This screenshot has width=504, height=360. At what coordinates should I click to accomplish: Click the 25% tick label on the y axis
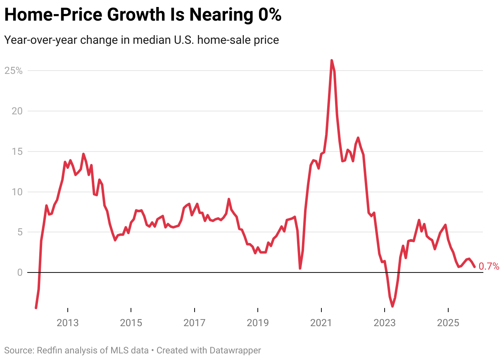point(13,71)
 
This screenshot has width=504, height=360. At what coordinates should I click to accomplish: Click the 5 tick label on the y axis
point(19,232)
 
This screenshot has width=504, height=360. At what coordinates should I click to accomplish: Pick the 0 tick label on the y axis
point(19,272)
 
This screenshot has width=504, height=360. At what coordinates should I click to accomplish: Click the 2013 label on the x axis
point(68,322)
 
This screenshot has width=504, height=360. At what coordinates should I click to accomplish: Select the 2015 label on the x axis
point(131,322)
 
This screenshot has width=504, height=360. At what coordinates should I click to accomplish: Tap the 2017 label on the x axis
point(195,322)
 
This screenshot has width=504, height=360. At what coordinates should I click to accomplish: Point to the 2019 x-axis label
point(258,322)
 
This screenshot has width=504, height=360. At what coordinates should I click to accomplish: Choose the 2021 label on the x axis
point(321,322)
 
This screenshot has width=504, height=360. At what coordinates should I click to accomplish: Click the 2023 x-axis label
point(385,322)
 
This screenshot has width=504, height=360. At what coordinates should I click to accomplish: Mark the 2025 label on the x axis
point(448,322)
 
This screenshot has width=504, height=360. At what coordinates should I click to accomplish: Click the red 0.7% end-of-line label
point(489,267)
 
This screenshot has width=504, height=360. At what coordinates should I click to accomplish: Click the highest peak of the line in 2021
point(332,61)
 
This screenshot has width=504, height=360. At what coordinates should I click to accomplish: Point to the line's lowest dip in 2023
point(392,306)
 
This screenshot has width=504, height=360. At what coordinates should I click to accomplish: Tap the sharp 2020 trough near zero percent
point(300,268)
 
